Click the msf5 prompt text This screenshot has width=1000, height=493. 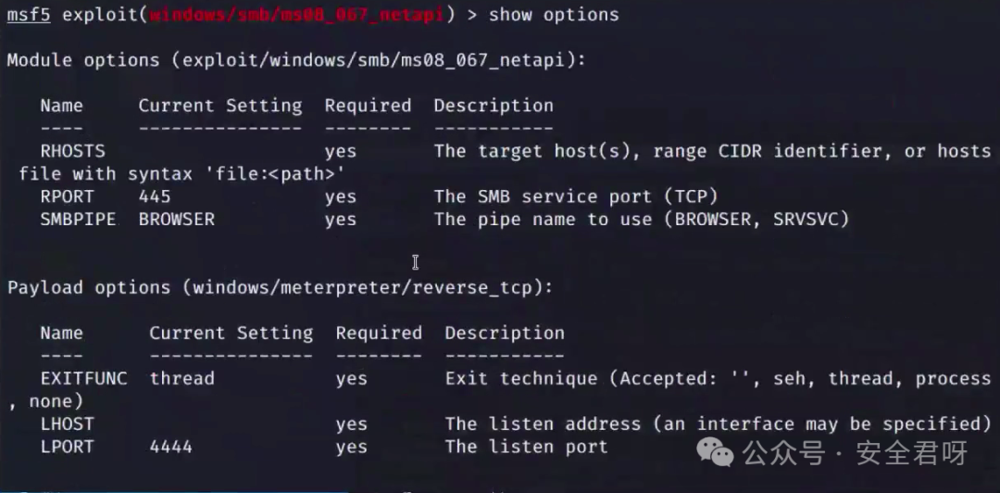pos(28,15)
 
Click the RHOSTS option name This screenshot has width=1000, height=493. pos(72,151)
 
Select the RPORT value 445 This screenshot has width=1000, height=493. pos(155,196)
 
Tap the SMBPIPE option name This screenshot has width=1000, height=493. pos(79,220)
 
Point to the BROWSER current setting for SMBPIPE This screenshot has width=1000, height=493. pos(176,220)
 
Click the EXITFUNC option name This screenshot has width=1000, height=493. pos(83,378)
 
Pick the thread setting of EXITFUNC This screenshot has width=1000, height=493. pos(181,378)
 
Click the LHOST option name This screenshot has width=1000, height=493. pos(68,423)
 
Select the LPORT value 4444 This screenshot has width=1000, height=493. pos(170,447)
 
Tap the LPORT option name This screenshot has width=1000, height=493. pos(68,447)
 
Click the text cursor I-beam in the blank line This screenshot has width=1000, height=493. pos(415,262)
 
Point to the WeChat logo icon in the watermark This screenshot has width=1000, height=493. pos(715,452)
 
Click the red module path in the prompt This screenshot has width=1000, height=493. pos(297,15)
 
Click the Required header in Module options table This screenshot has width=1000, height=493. pos(368,106)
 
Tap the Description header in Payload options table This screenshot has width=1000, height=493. pos(504,333)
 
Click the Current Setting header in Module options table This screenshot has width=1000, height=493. pos(220,106)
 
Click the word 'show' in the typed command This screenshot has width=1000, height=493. pos(510,15)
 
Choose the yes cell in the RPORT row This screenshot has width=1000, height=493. pos(340,196)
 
